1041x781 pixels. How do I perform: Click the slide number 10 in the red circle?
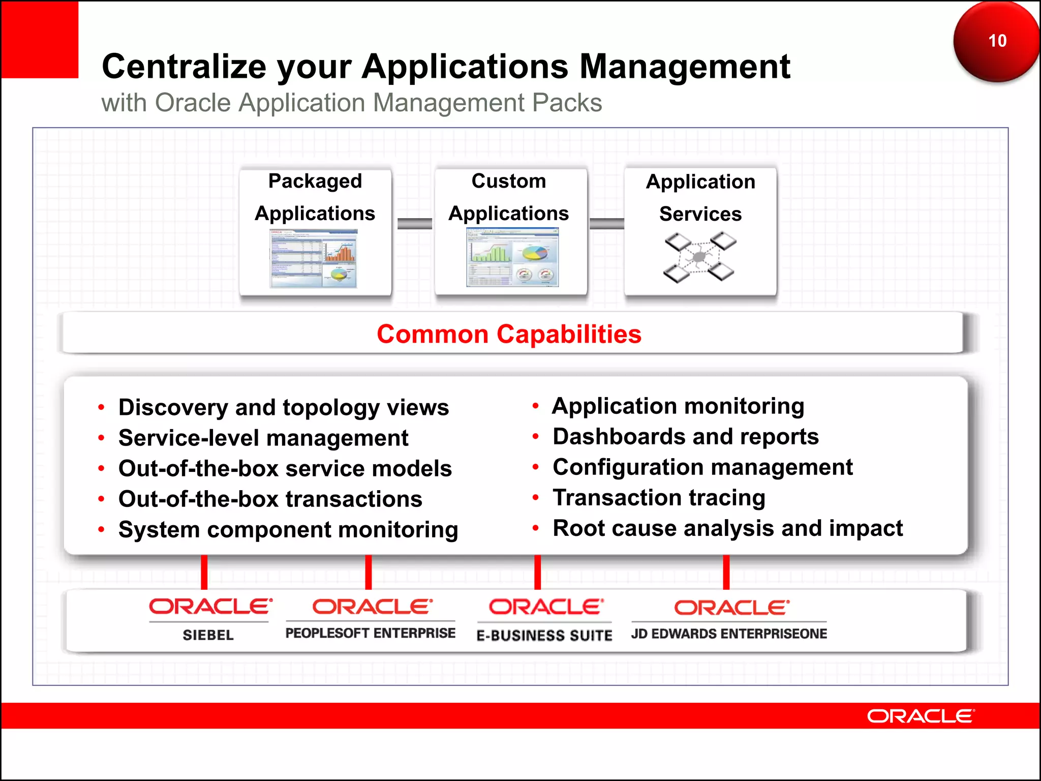(x=997, y=41)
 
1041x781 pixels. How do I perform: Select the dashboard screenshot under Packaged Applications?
(x=314, y=258)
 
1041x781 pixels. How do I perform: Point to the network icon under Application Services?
(x=699, y=257)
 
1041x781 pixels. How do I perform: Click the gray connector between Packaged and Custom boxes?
(x=414, y=224)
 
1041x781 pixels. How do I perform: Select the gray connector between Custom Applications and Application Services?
(x=606, y=224)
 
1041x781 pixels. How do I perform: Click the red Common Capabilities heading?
(x=509, y=335)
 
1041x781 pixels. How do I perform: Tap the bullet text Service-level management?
(x=263, y=438)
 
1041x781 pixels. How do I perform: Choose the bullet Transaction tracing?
(x=659, y=498)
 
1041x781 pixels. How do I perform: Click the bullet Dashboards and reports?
(x=685, y=437)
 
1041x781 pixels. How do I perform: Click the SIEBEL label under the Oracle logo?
(x=208, y=635)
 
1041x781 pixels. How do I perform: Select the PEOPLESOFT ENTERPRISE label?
(x=370, y=633)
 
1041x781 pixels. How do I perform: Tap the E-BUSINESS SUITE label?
(x=544, y=635)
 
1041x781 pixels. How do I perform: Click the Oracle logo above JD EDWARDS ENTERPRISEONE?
(x=731, y=608)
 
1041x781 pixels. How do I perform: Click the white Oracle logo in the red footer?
(x=920, y=716)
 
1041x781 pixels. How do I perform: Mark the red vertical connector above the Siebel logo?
(x=204, y=572)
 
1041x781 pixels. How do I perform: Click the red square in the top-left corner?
(x=40, y=39)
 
